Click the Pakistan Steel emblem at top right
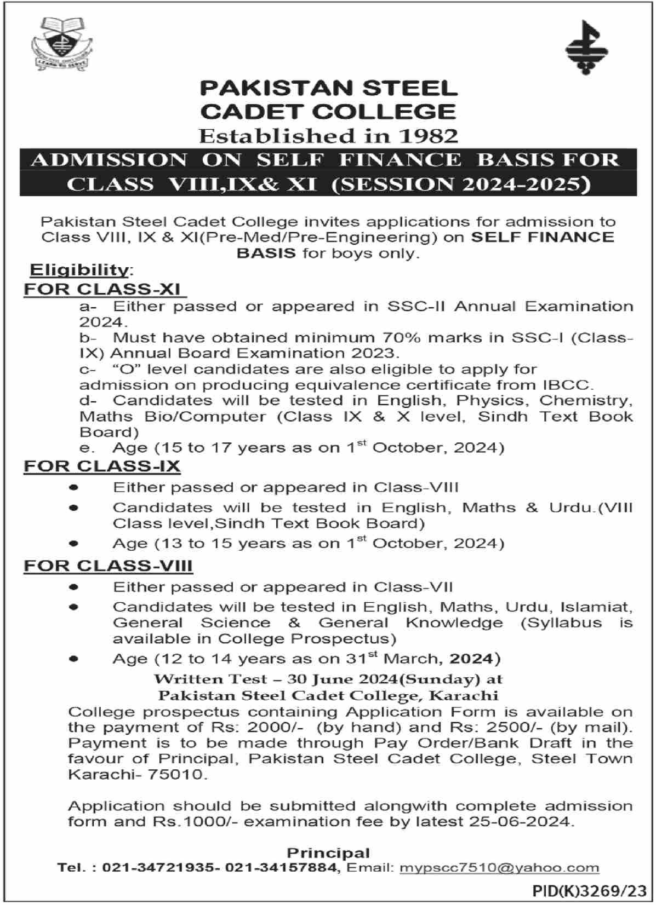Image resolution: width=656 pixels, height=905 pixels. click(586, 48)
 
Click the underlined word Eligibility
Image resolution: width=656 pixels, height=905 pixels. click(78, 270)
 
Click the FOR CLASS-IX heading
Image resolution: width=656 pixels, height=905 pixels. click(102, 466)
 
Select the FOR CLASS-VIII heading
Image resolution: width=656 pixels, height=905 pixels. click(108, 566)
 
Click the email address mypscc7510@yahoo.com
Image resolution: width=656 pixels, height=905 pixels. click(499, 868)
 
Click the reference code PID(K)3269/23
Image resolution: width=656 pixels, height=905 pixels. click(589, 892)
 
